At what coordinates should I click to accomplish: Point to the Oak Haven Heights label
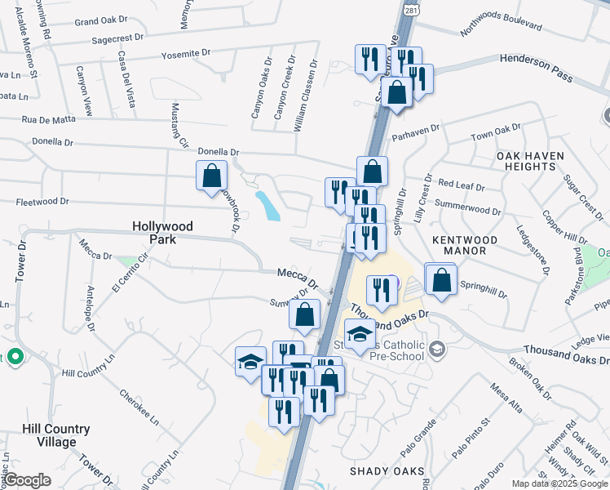click(526, 160)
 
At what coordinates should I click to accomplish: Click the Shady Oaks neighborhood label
click(387, 471)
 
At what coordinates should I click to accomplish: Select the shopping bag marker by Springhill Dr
click(441, 280)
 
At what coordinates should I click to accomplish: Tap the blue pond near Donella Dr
click(267, 207)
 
